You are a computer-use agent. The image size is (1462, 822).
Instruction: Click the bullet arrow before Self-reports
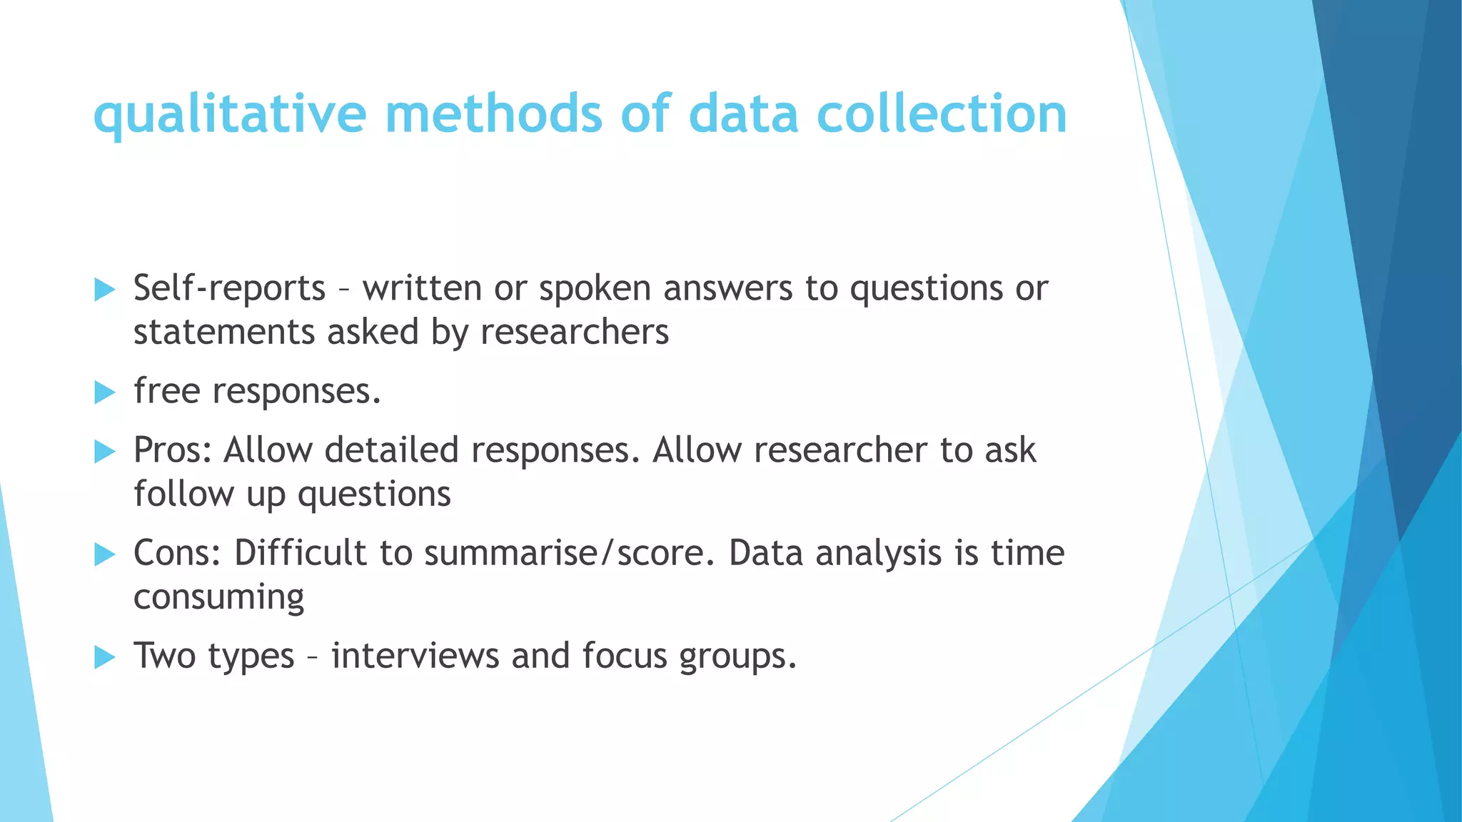click(104, 290)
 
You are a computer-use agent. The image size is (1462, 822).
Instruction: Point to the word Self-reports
click(229, 289)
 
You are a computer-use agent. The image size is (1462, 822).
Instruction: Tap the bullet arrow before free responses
click(104, 392)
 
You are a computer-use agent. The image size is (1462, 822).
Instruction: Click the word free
click(166, 391)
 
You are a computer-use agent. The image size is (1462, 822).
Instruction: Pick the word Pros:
click(173, 451)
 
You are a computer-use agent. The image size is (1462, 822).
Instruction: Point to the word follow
click(183, 494)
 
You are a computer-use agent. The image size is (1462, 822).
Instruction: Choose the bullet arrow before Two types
click(104, 656)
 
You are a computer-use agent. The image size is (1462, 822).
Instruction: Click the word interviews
click(415, 656)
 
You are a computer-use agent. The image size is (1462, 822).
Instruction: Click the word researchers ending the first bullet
click(575, 333)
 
